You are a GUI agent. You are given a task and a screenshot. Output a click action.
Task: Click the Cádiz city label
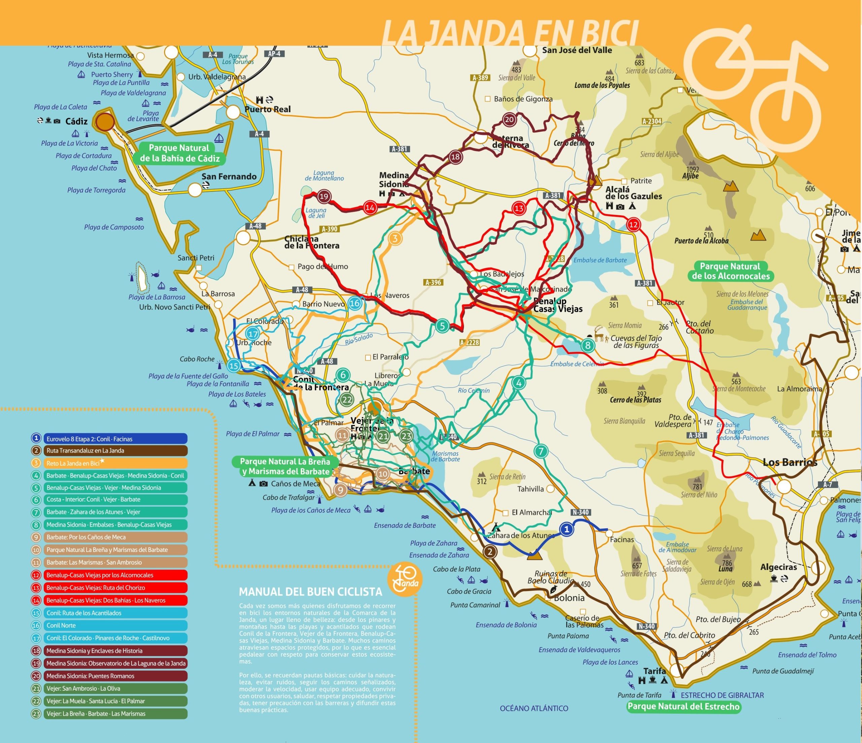[x=76, y=121]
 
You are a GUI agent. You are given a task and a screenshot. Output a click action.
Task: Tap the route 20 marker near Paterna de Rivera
[x=509, y=120]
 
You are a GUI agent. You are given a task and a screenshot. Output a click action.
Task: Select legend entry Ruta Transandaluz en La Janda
[x=115, y=451]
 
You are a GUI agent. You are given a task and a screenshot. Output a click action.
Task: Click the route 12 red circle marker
[x=633, y=225]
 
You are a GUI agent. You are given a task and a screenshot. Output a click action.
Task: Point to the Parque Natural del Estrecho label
[x=684, y=706]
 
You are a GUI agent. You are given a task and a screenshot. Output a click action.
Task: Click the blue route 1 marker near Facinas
[x=566, y=529]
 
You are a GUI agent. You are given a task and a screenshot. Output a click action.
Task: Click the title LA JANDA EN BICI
[x=510, y=33]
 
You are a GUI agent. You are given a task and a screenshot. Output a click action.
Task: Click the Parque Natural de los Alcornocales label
[x=731, y=271]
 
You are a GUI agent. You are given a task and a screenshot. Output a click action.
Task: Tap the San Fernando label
[x=229, y=177]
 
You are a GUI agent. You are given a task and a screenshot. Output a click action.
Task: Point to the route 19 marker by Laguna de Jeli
[x=324, y=196]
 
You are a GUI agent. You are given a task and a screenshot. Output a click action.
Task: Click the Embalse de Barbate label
[x=600, y=260]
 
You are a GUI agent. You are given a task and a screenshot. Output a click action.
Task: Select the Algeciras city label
[x=778, y=567]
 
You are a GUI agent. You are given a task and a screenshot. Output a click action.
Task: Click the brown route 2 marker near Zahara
[x=490, y=552]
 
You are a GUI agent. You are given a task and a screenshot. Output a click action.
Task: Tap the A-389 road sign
[x=480, y=78]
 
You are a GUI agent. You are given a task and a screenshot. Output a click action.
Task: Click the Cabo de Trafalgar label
[x=288, y=497]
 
